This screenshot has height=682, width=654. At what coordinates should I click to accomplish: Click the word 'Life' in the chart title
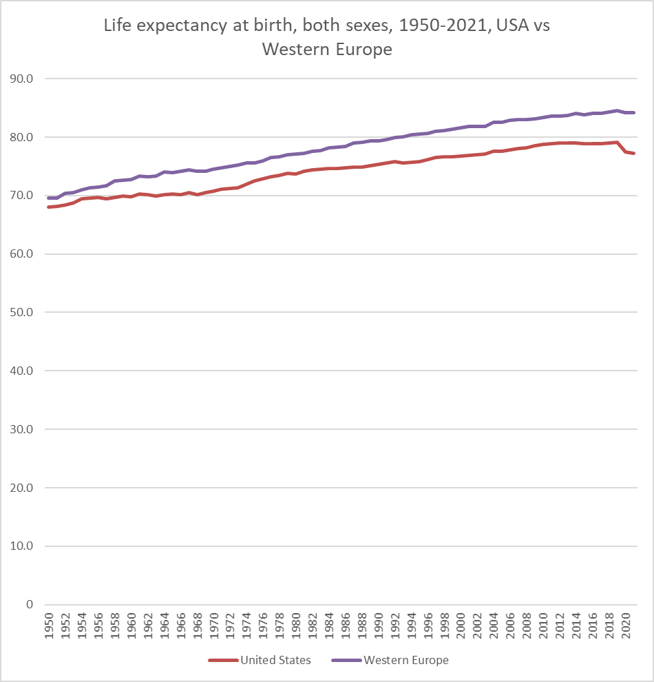click(x=117, y=27)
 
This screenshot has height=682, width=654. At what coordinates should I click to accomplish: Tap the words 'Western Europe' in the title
click(x=327, y=50)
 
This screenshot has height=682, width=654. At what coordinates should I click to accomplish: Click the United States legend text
click(x=275, y=660)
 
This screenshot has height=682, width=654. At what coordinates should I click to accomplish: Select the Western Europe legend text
click(x=406, y=660)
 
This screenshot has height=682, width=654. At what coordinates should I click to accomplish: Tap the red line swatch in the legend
click(x=223, y=660)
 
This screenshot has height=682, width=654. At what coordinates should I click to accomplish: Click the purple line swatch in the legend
click(x=346, y=660)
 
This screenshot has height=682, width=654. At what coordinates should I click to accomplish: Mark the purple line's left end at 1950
click(x=48, y=198)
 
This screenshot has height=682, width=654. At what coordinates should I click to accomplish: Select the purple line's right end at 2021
click(x=634, y=112)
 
